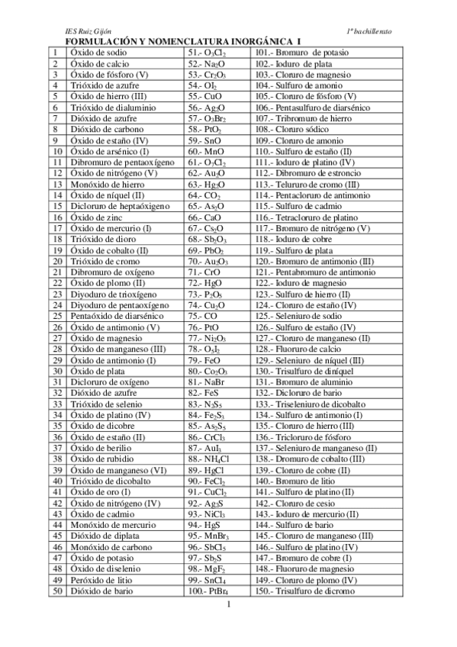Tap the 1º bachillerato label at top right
pos(369,31)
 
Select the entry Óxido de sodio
pos(98,52)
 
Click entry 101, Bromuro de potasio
pos(298,52)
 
